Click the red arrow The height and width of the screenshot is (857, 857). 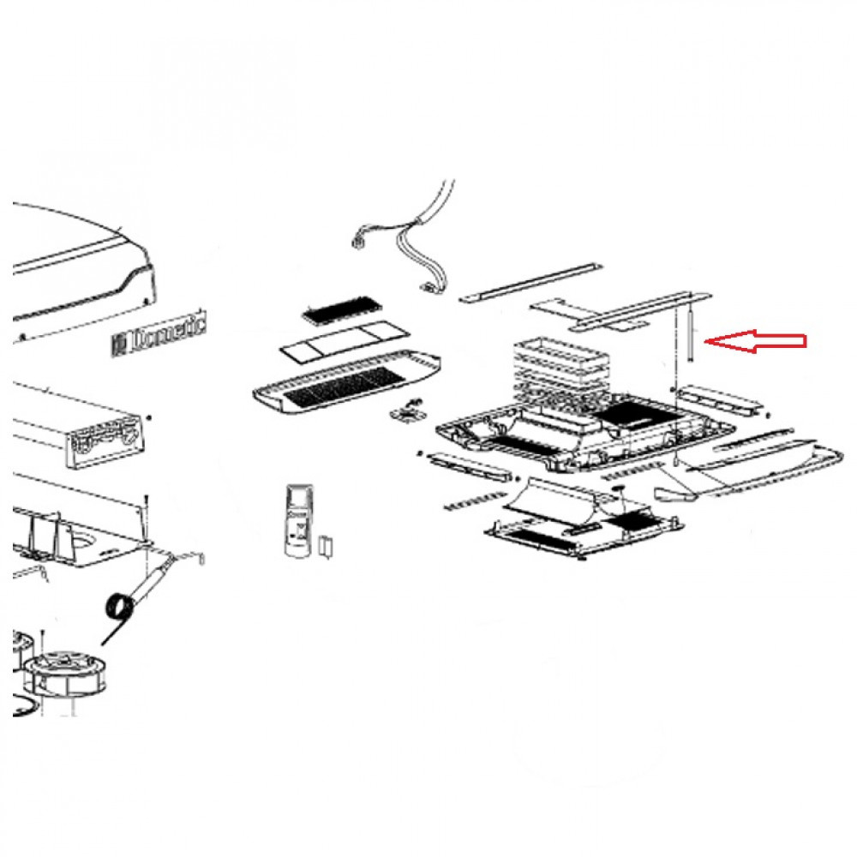coord(754,341)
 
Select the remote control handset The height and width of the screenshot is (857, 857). coord(299,522)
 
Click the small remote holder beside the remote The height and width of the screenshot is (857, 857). coord(326,546)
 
